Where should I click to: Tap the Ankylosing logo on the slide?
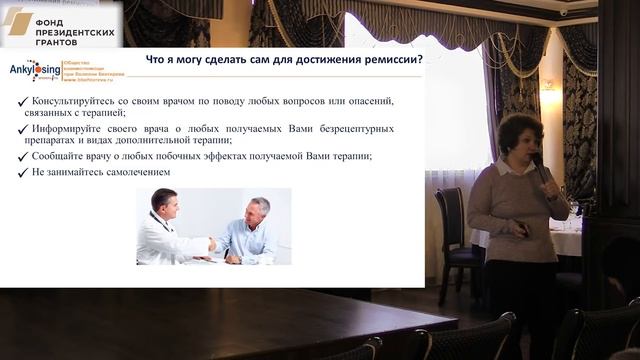tap(33, 71)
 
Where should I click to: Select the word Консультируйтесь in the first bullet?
tap(77, 101)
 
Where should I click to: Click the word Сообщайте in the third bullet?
tap(60, 156)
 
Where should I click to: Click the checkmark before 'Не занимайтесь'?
tap(23, 172)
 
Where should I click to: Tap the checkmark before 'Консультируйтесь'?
tap(23, 101)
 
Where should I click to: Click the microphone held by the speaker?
tap(539, 168)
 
